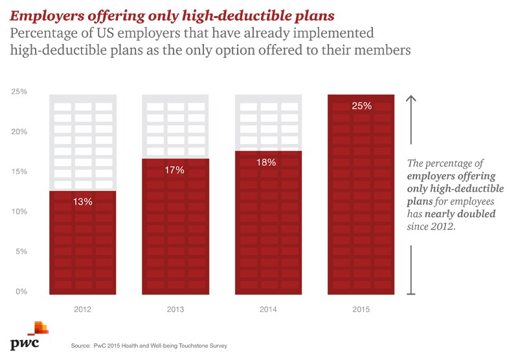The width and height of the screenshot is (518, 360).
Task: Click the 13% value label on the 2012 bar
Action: [83, 201]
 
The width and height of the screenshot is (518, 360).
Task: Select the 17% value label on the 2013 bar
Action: [175, 170]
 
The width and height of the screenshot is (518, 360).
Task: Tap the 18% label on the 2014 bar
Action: [267, 163]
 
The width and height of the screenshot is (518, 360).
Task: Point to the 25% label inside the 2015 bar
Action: [361, 106]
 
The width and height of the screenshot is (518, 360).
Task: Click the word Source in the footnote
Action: [81, 347]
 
